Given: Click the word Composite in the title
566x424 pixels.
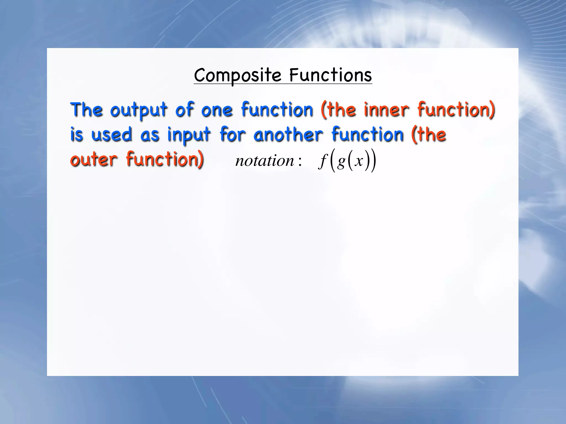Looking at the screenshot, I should [237, 75].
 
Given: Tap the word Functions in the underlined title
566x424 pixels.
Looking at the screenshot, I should [331, 75].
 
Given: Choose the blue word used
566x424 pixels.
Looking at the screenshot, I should [112, 135].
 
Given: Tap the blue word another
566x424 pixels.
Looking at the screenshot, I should [288, 135].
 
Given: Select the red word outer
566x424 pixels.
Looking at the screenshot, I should [94, 160].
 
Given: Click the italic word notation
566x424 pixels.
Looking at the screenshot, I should [264, 161].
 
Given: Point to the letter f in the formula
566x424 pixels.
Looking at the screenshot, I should [322, 161].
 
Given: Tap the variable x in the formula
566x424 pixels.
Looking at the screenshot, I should [359, 161].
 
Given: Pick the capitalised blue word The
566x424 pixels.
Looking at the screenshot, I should [87, 110].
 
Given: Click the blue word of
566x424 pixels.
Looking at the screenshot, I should [184, 110].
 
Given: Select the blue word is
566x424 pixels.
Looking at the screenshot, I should [77, 135].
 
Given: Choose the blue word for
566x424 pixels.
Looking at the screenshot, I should [232, 135].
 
